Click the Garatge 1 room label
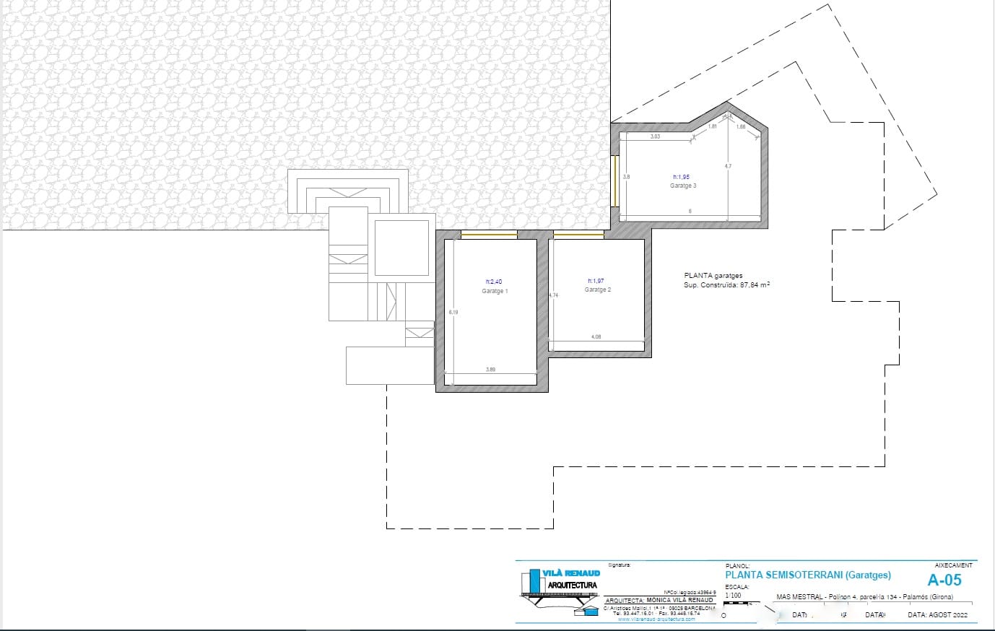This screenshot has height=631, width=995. coord(495,291)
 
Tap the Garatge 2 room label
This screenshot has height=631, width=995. coord(598,290)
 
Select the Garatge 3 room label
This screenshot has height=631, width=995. coord(683,186)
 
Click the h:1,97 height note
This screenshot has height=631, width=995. coord(597,281)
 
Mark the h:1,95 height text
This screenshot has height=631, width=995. coord(682,177)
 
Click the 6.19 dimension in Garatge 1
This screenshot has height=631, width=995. coord(453,312)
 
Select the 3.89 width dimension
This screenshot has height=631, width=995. coord(490,370)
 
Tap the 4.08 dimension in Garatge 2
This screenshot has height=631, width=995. coord(596,336)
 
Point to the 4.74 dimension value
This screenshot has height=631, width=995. coord(554,295)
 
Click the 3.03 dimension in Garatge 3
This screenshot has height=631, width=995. coord(655,136)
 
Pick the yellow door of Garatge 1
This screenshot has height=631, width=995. coord(490,234)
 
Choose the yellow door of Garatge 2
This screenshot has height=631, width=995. coord(578,234)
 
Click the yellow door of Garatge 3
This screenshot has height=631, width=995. coord(614,180)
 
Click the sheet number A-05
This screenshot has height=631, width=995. coord(944,580)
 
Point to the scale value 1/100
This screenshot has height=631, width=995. coord(733,596)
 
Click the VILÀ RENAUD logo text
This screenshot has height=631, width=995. coord(573,573)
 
